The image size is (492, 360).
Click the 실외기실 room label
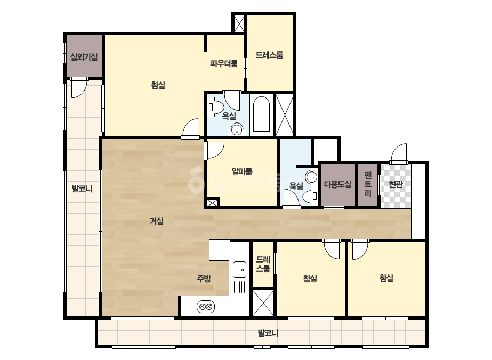tap(84, 57)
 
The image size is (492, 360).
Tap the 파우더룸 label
tap(224, 64)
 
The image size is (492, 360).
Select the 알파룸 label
tap(242, 171)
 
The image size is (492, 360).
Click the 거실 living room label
tap(157, 221)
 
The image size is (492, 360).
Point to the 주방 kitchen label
tap(204, 278)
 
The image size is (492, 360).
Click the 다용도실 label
tap(337, 184)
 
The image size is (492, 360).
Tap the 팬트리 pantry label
tap(368, 184)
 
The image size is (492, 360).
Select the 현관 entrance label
tap(396, 184)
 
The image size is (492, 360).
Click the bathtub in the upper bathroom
tap(261, 114)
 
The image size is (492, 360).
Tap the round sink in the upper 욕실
tap(237, 129)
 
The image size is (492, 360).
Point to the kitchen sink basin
tap(240, 269)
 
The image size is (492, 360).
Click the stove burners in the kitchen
tap(206, 306)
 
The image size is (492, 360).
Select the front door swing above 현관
tap(399, 153)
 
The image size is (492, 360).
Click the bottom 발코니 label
tap(268, 333)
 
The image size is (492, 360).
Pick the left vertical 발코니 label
tap(82, 189)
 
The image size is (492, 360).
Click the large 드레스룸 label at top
tap(269, 55)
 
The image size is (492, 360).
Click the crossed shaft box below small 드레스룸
tap(263, 302)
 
